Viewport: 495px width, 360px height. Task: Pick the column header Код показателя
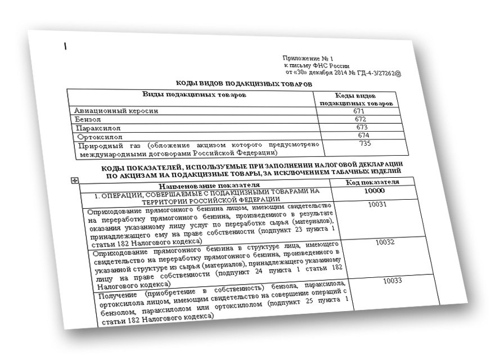pos(373,182)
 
